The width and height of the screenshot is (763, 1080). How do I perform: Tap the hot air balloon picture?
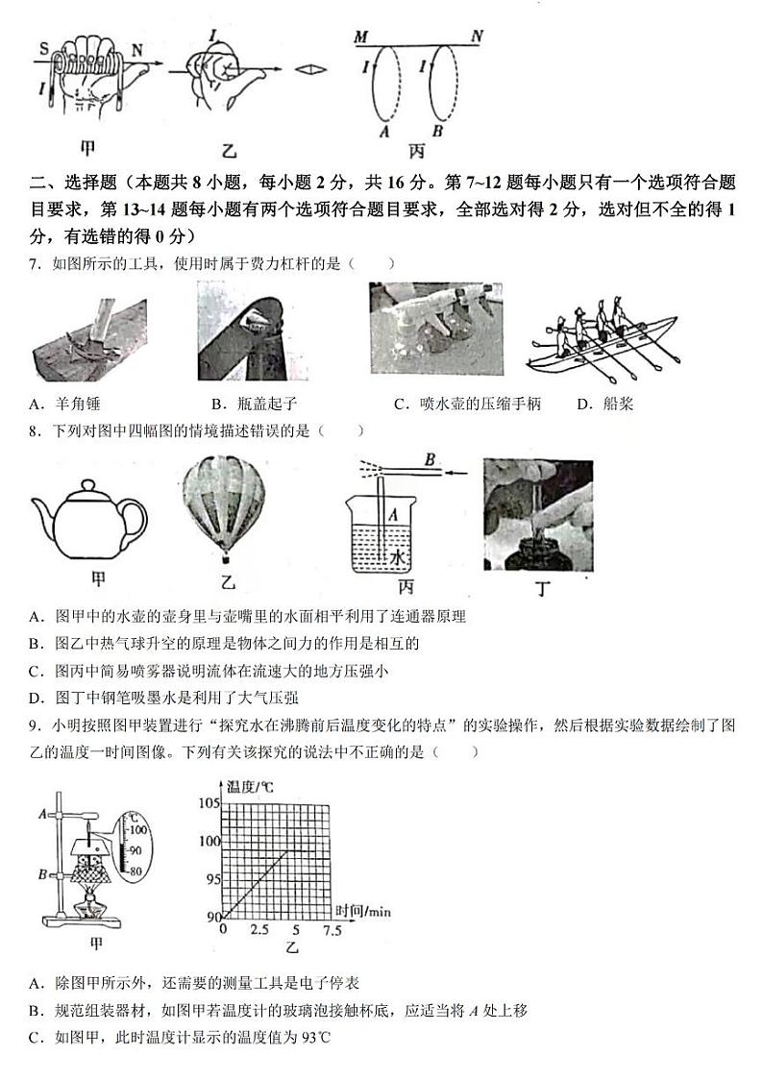point(227,504)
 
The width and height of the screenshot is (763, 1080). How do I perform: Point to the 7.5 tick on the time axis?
point(332,930)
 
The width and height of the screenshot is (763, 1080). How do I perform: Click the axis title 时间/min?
point(365,909)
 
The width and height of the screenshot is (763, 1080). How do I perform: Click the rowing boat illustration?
point(603,337)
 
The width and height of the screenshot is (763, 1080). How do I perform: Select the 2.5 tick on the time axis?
point(258,930)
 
